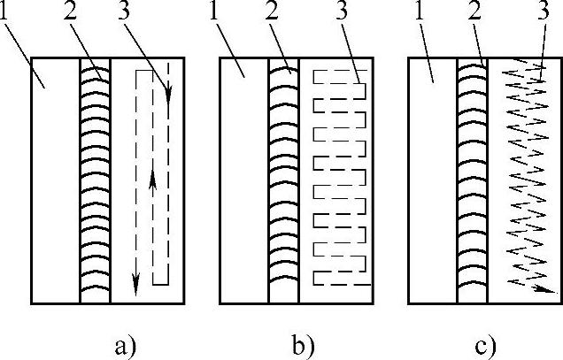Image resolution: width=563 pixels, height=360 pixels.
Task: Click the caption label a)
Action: pos(124,344)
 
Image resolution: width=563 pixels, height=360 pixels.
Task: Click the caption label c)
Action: pos(485,344)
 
